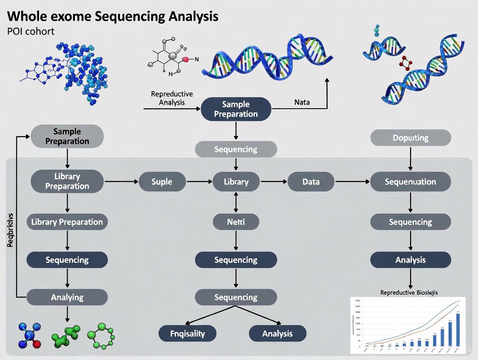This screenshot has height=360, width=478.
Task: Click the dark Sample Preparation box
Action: tap(236, 109)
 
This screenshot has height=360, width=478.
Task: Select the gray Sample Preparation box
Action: tap(67, 136)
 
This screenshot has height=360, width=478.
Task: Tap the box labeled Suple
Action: tap(162, 182)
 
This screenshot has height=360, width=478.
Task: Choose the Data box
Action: tap(311, 182)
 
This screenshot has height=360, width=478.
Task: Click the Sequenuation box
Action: tap(410, 182)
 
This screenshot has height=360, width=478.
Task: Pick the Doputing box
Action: tap(410, 138)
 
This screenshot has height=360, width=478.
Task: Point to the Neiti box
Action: tap(236, 222)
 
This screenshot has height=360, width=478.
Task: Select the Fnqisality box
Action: tap(187, 334)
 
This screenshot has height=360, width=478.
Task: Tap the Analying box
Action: tap(67, 297)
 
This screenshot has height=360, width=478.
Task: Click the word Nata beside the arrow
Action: tap(302, 103)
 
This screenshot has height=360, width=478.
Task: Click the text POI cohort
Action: tap(31, 32)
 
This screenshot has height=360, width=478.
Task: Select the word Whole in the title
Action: tap(26, 16)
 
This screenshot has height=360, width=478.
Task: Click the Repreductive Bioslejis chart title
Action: tap(409, 292)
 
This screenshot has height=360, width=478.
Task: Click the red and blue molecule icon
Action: tap(30, 335)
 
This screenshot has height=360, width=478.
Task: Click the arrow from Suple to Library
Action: tap(199, 182)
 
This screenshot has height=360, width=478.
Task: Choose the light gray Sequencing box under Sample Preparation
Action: tap(236, 149)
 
